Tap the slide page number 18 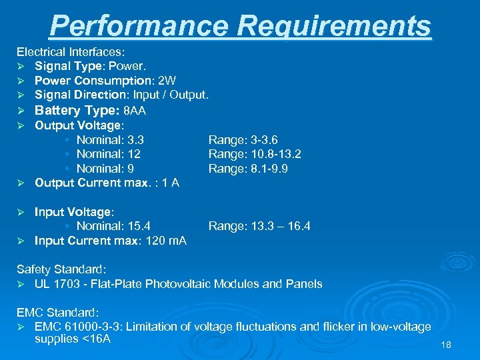click(x=446, y=345)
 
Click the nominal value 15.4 click(x=135, y=227)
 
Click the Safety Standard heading click(x=61, y=269)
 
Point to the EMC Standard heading click(x=58, y=312)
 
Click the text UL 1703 click(x=57, y=284)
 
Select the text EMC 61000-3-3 click(x=77, y=327)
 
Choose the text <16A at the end click(x=97, y=340)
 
